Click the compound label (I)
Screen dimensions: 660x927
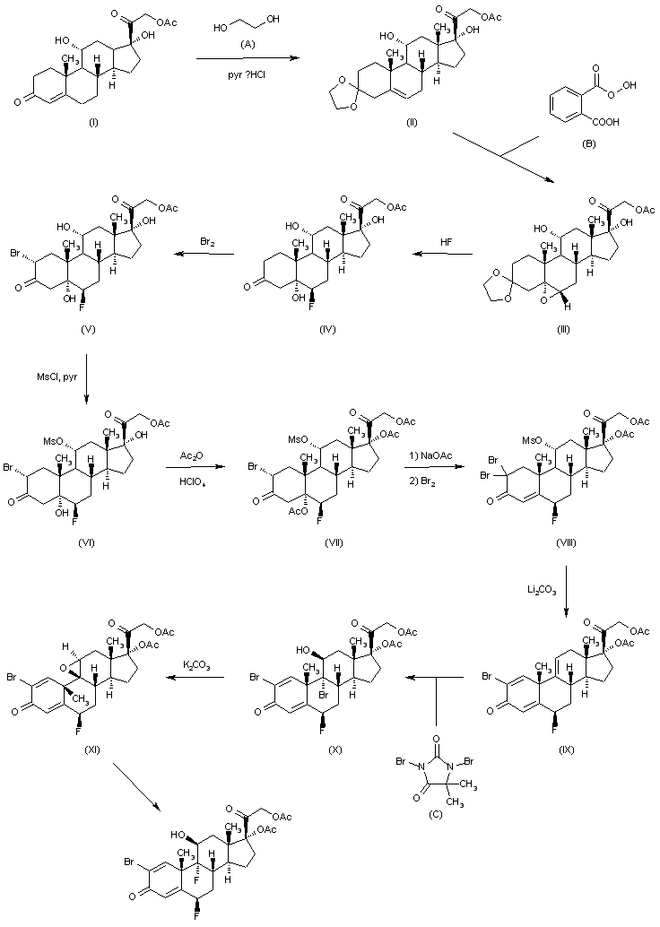93,123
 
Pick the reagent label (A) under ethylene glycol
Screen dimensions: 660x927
247,44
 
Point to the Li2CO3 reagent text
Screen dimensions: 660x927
542,590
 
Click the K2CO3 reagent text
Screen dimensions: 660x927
197,666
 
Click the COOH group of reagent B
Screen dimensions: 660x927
607,122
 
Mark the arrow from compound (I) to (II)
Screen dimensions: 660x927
246,58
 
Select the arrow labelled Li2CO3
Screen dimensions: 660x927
567,592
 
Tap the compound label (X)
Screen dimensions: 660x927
335,749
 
